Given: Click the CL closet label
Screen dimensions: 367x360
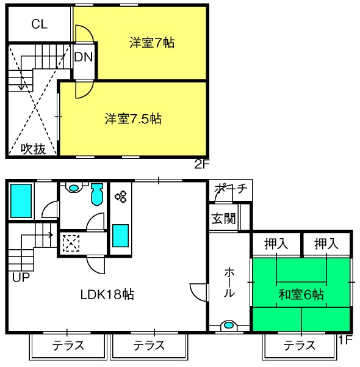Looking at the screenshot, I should [x=40, y=24].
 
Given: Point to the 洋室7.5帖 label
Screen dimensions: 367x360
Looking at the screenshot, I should [x=132, y=118].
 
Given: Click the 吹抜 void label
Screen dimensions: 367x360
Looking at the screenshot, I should [x=33, y=148].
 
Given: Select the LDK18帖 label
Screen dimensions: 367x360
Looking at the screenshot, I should [x=107, y=294].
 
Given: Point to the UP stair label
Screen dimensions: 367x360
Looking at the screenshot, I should [x=21, y=276].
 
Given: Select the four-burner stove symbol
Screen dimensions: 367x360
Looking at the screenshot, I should [x=120, y=197].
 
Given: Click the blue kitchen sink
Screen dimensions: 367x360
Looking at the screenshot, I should [x=120, y=236].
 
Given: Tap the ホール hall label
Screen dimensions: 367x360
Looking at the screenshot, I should [x=229, y=282].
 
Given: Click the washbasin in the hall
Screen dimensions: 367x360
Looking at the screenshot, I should [x=229, y=325].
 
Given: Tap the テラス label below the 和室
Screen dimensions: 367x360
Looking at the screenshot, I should [x=300, y=346].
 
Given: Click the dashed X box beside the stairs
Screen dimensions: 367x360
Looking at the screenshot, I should [x=71, y=243].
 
